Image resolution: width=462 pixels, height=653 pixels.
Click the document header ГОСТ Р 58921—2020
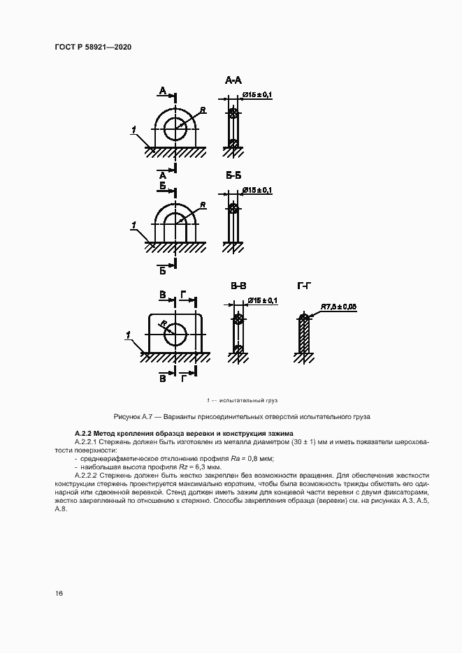coord(93,47)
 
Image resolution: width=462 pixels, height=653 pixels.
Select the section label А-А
coord(233,81)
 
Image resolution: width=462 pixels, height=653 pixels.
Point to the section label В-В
coord(238,286)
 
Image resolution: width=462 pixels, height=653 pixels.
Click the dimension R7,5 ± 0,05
coord(339,307)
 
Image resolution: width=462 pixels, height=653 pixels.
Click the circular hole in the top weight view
coord(175,126)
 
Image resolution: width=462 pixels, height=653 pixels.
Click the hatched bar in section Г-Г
coord(305,335)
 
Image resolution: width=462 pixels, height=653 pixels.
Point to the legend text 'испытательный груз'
coord(248,400)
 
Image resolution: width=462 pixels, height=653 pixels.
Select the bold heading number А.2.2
coord(82,434)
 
